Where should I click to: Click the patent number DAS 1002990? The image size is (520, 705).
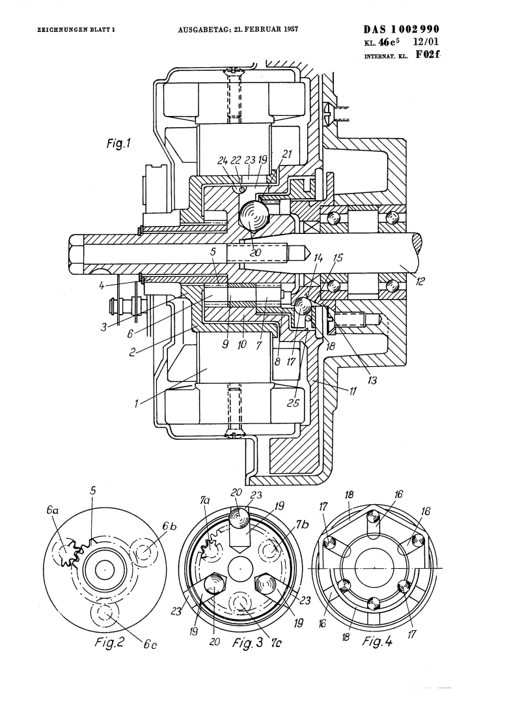402,29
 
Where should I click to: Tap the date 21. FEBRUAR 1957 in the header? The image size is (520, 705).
266,30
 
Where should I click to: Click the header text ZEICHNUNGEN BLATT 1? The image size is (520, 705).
76,30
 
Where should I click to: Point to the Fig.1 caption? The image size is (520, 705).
118,143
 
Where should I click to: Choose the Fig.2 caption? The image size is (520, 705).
109,642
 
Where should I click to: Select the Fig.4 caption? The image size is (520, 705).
377,640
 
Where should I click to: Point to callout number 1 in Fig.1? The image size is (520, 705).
136,403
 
